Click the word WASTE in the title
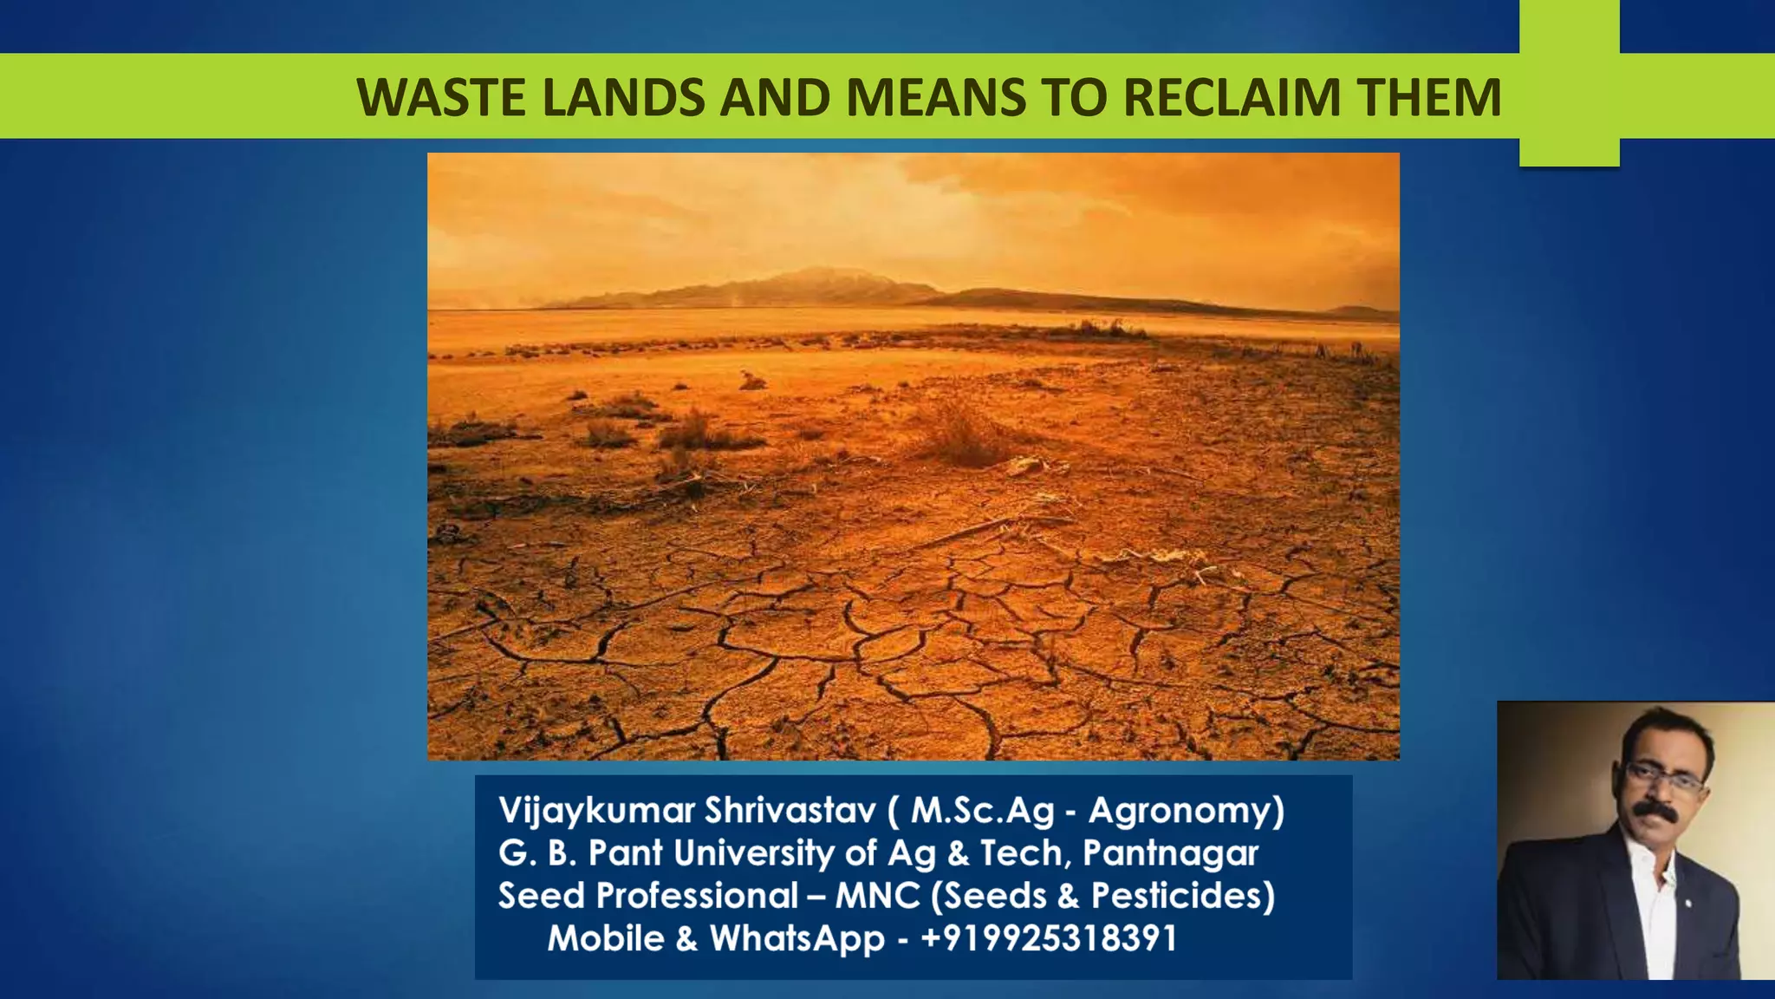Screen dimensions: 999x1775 coord(441,97)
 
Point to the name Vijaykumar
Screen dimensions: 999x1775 coord(596,811)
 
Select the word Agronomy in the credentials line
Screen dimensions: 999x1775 coord(1185,811)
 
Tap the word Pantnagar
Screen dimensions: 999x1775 coord(1170,853)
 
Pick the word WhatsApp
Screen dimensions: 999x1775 coord(797,938)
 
